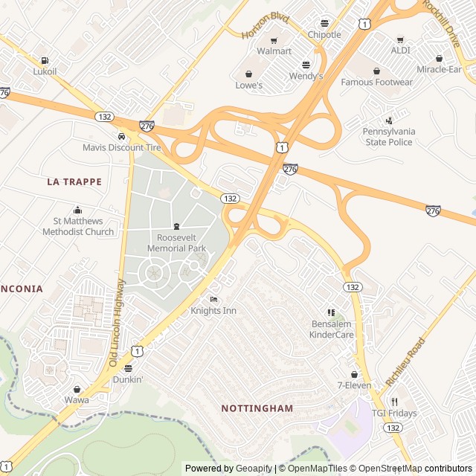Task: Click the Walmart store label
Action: pos(274,51)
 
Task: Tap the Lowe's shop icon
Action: pos(248,74)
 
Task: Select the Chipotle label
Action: pos(324,35)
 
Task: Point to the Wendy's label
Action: pos(306,76)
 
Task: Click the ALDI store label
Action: pos(400,51)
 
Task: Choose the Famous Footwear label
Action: pos(376,82)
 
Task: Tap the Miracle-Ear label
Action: pos(439,69)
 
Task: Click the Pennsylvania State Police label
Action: pos(388,136)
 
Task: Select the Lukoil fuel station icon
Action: pos(45,60)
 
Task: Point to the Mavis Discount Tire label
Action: pos(121,147)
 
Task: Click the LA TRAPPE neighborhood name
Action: pos(74,181)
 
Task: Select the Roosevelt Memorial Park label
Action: pos(176,243)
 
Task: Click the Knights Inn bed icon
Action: pos(213,300)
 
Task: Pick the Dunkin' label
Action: pos(128,379)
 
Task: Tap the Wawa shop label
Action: pos(77,400)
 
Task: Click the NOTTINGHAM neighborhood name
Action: pos(257,408)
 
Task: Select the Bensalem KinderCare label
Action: pos(332,329)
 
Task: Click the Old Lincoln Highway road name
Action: pos(118,322)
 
